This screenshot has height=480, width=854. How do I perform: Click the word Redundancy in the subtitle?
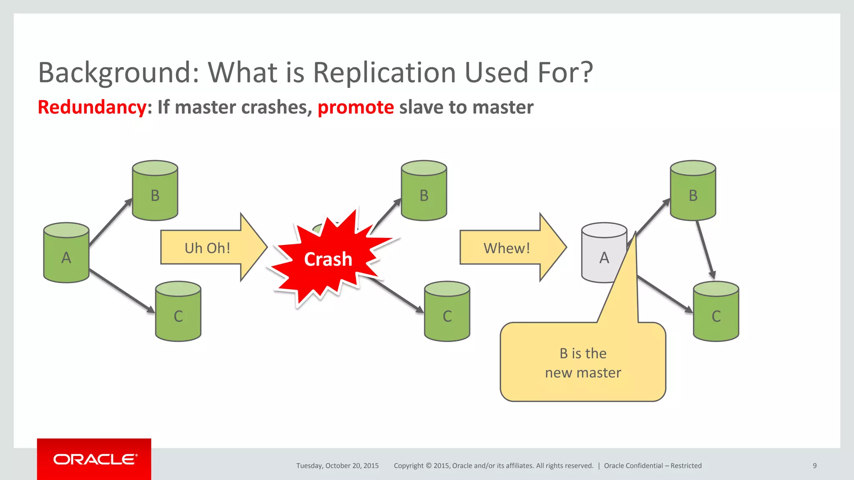92,107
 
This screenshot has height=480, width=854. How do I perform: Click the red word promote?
355,107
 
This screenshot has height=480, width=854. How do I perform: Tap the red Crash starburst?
328,259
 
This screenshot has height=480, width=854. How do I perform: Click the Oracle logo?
94,459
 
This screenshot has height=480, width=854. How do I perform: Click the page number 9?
814,466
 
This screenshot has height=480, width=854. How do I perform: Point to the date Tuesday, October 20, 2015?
337,466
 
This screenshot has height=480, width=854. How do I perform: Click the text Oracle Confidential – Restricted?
653,466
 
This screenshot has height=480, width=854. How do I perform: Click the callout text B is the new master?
583,363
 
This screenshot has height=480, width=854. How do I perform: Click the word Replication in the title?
385,72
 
